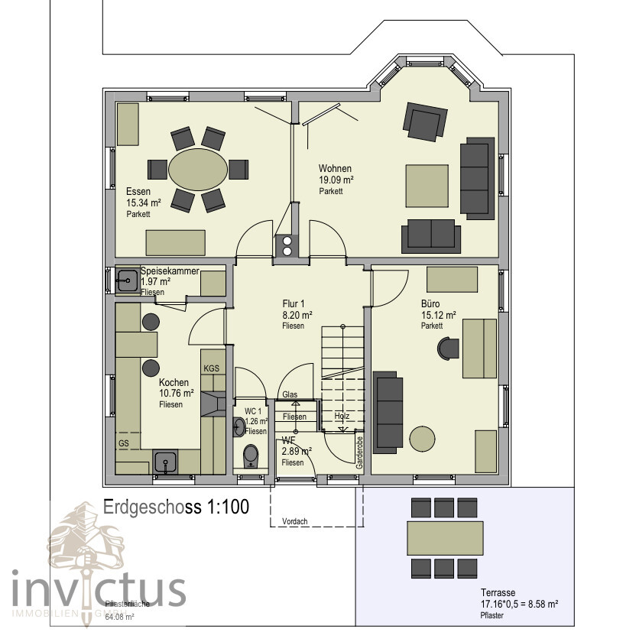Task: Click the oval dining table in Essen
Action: click(x=197, y=169)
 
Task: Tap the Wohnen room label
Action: click(x=335, y=169)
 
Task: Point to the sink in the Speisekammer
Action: click(x=127, y=282)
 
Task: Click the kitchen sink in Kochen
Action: click(x=165, y=461)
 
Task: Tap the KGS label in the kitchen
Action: click(x=211, y=368)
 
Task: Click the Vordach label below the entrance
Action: click(x=294, y=522)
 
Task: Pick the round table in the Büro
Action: click(x=422, y=439)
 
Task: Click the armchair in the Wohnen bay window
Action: click(x=424, y=122)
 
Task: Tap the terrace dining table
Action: click(x=444, y=538)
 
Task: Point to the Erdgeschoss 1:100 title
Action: click(x=176, y=507)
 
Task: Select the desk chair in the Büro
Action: click(x=446, y=349)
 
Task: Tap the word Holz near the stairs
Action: click(x=342, y=416)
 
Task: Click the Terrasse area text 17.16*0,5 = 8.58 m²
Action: click(x=519, y=604)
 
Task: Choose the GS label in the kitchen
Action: click(x=123, y=443)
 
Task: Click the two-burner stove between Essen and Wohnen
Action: click(x=287, y=245)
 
